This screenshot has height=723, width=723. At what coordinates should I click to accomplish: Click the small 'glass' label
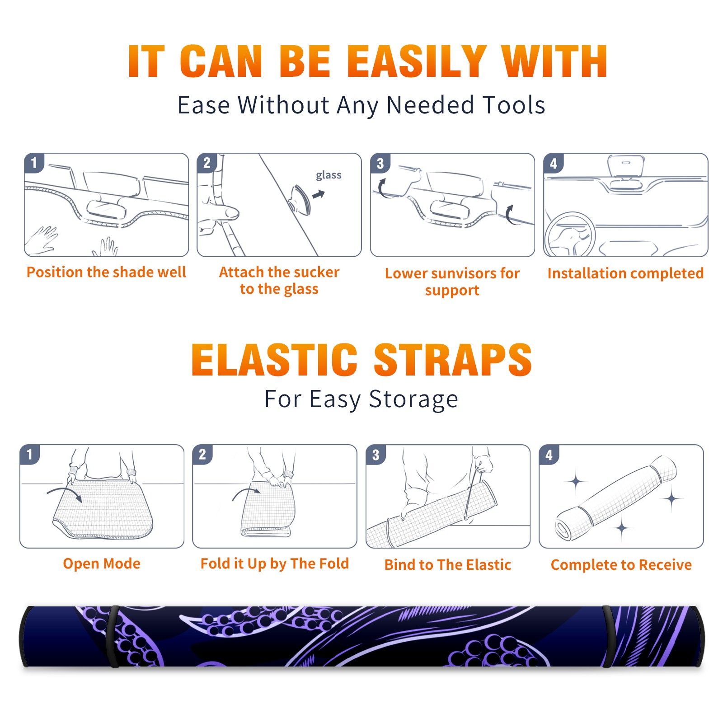pos(329,175)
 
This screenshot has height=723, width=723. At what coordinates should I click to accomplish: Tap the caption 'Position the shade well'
pos(106,272)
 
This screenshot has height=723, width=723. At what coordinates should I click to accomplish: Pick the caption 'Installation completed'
pos(625,273)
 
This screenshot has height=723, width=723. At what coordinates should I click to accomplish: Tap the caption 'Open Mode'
pos(102,563)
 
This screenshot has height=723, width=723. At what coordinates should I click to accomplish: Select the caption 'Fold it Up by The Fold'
pos(275,563)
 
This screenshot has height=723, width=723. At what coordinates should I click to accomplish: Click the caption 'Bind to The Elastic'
pos(448,565)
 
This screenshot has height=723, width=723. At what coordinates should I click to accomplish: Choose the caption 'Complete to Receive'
pos(621,565)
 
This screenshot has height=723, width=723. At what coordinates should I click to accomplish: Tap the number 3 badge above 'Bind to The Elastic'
pos(376,455)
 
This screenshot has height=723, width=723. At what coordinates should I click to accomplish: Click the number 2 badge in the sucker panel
pos(207,163)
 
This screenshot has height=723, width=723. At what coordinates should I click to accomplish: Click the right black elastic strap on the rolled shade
pos(608,637)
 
